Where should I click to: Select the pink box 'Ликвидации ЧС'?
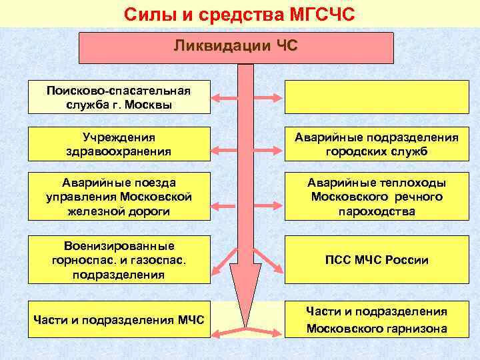(236, 47)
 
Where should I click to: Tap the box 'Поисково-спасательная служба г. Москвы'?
(119, 97)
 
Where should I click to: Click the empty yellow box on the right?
(377, 97)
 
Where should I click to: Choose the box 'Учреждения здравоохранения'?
(119, 144)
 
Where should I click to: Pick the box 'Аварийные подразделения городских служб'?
(377, 144)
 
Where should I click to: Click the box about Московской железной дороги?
(119, 197)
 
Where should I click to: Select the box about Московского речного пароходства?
(377, 197)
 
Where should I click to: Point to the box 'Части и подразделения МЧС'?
(119, 320)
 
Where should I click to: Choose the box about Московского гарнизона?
(377, 320)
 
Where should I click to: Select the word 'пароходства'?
(377, 212)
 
